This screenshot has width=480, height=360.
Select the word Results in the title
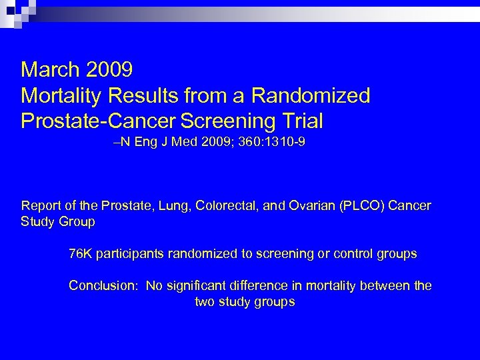click(141, 95)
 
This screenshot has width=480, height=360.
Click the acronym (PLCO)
click(359, 205)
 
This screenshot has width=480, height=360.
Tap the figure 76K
click(80, 253)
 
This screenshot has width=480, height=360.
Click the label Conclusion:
click(104, 286)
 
